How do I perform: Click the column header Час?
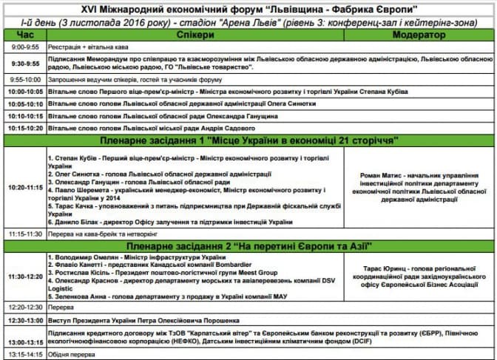24,35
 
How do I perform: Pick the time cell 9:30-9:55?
24,63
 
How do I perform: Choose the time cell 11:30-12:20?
24,276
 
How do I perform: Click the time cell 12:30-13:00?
24,321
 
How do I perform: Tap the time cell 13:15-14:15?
24,354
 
